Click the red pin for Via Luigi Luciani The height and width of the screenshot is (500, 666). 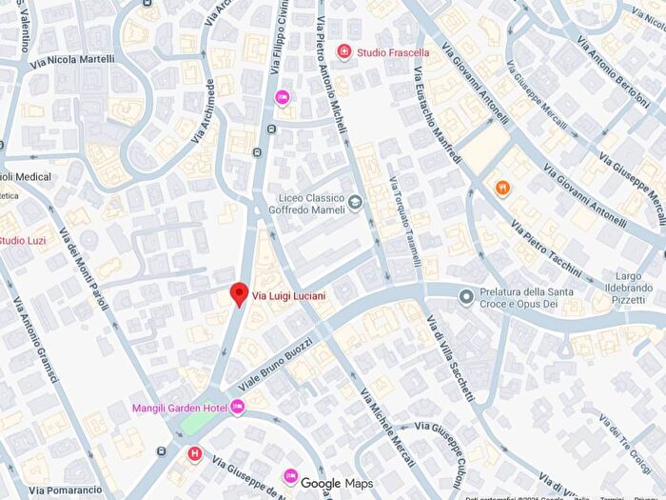[x=240, y=294]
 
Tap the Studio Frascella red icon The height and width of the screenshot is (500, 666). [x=343, y=51]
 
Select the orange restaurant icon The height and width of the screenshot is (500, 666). [x=501, y=187]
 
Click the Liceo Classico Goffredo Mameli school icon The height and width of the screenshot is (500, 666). [x=355, y=201]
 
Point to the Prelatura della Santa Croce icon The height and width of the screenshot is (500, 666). [x=465, y=297]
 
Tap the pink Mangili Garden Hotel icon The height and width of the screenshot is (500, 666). [x=237, y=408]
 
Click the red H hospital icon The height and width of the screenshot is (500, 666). [x=195, y=453]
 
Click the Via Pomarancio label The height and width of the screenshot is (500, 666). [x=66, y=490]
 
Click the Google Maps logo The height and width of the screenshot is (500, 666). [x=337, y=484]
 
